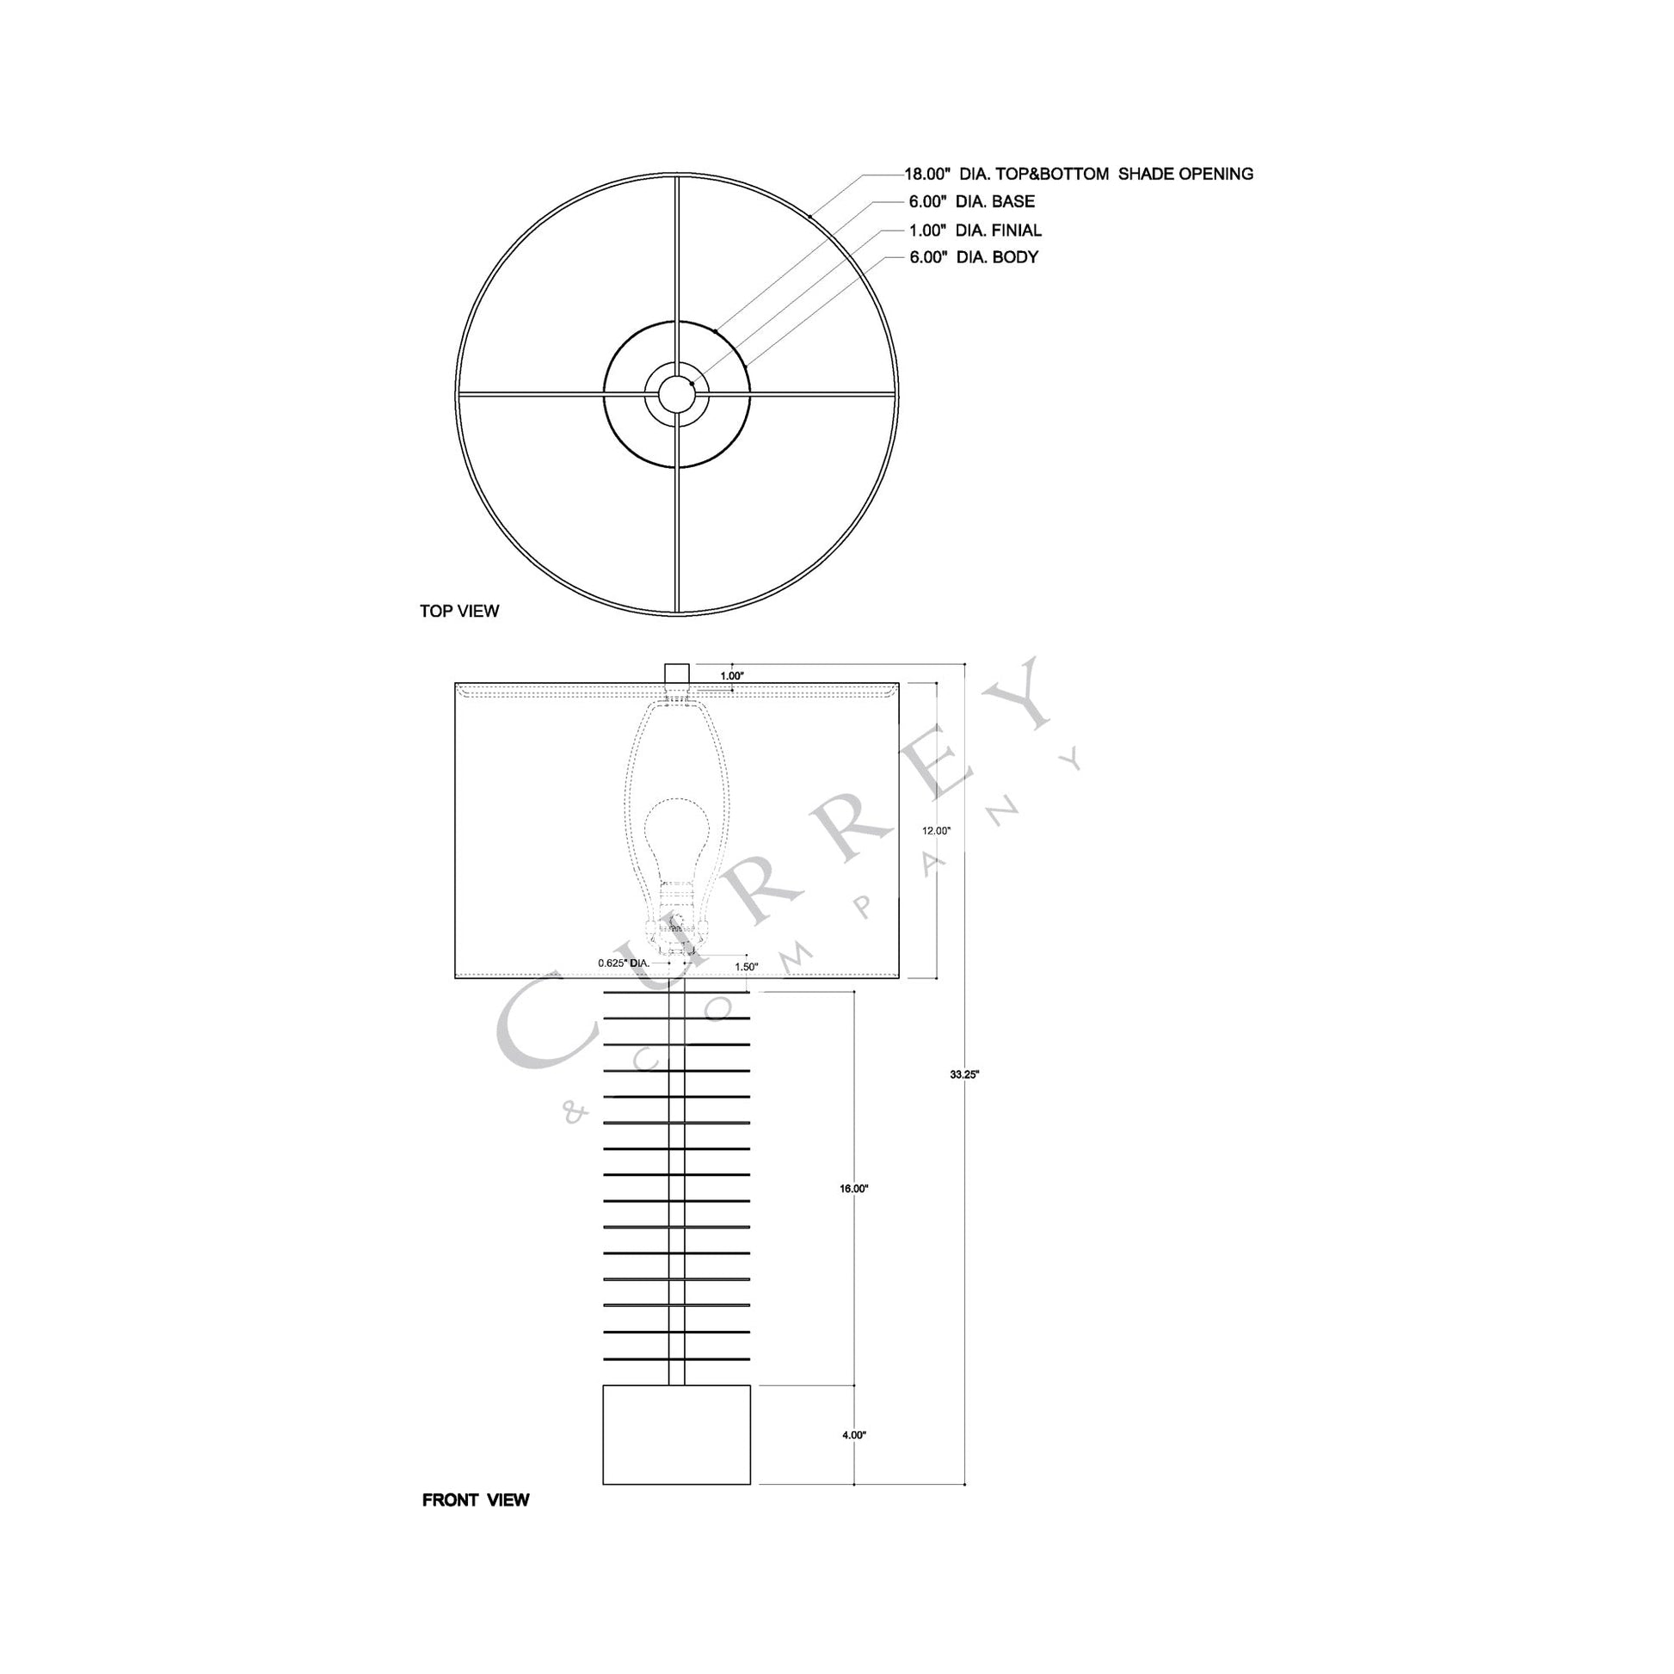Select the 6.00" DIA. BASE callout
coord(971,202)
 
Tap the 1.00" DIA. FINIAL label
coord(975,231)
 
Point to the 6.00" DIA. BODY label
coord(973,257)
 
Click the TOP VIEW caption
coord(459,611)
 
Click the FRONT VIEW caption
coord(475,1500)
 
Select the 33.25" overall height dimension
coord(963,1074)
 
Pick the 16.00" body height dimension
coord(853,1190)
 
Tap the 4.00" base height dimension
coord(853,1435)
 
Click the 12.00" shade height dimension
coord(936,830)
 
